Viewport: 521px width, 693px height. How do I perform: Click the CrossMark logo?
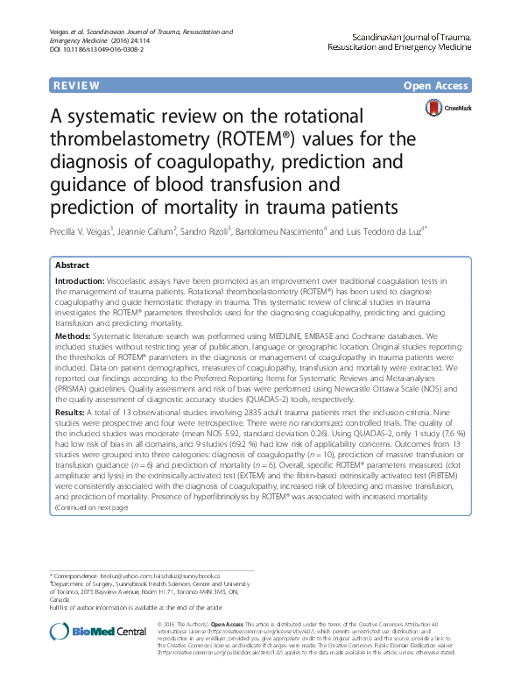(x=448, y=109)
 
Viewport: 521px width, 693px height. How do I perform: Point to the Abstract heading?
(x=72, y=264)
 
